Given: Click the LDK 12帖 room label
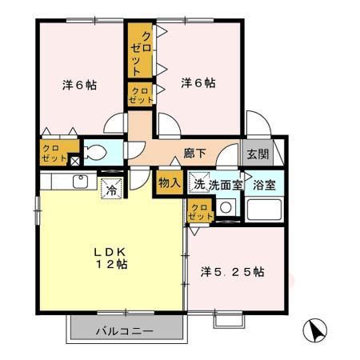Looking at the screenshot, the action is point(110,258).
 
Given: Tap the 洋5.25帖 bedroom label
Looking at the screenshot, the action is point(233,272).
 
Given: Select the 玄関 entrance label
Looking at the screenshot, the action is point(258,154).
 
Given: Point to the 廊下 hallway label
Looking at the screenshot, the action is point(194,153).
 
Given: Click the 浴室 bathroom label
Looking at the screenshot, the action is point(264,185).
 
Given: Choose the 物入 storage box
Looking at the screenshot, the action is point(170,183).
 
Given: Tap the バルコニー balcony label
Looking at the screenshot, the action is point(125,331).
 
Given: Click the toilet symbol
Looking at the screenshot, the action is point(95,152).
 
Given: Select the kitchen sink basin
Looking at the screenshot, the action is point(81,182).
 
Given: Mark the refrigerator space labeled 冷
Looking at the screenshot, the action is point(111,189).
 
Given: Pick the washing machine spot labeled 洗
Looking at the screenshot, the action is point(199,182).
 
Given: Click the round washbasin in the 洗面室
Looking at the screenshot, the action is point(226,207).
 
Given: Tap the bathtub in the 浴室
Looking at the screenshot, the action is point(264,210).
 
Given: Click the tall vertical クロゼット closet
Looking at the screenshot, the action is point(140,50).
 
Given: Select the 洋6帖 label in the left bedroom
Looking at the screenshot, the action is point(79,85).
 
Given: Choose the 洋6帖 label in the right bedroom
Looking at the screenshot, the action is point(198,83).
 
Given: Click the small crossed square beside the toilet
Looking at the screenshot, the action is point(74,161).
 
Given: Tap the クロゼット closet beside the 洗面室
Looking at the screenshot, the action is point(201,211).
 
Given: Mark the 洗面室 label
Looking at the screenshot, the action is point(226,185).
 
